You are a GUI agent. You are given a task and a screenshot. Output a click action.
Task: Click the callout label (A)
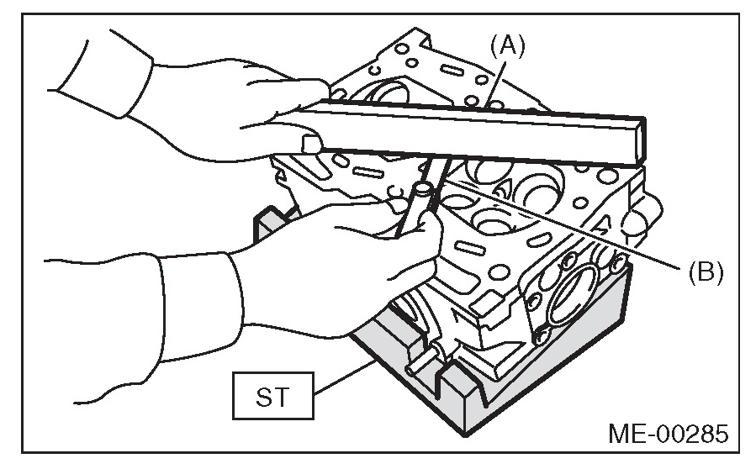click(x=507, y=47)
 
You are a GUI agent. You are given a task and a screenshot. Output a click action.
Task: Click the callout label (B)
click(x=706, y=273)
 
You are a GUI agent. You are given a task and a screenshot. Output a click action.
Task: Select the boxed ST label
click(x=273, y=396)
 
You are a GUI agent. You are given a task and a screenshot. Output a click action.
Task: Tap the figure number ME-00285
click(x=668, y=434)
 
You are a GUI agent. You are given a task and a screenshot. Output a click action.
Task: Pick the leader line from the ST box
click(x=344, y=377)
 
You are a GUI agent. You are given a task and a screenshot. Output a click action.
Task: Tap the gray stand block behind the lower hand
click(x=272, y=223)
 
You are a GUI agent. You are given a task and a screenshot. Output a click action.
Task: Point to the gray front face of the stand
click(x=545, y=376)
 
